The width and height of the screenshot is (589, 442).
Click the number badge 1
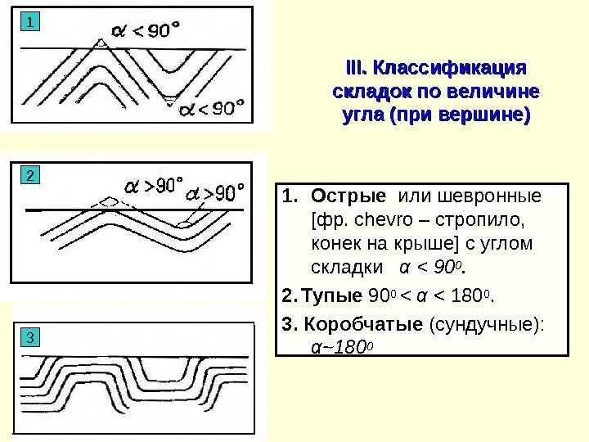[29, 22]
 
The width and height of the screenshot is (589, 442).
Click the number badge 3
[29, 337]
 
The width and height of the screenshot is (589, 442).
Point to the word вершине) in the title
[483, 114]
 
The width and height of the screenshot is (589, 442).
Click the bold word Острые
[348, 198]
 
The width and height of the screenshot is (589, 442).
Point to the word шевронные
[489, 198]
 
